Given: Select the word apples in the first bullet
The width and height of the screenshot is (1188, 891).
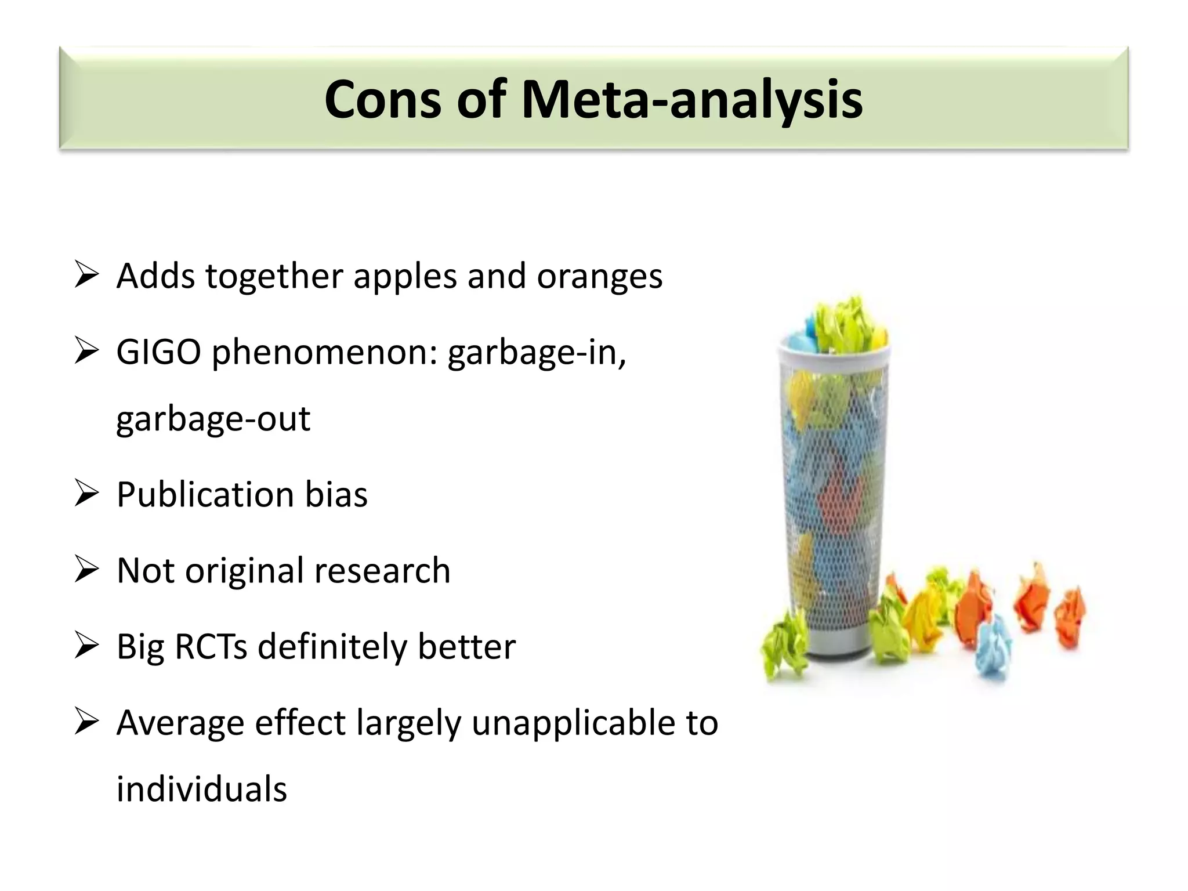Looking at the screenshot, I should coord(405,277).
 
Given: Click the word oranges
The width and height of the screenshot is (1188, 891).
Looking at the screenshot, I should coord(599,277).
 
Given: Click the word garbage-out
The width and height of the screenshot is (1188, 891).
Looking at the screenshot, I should coord(213,419).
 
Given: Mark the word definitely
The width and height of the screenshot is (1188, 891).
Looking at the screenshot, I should coord(332,647).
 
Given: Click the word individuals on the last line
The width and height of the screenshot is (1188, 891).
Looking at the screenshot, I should coord(201,789).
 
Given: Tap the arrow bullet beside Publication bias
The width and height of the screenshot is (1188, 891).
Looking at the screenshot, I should coord(87,495).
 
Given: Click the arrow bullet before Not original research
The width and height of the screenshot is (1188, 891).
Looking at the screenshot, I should coord(87,571).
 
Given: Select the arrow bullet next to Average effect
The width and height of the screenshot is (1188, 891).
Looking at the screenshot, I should coord(87,723).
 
